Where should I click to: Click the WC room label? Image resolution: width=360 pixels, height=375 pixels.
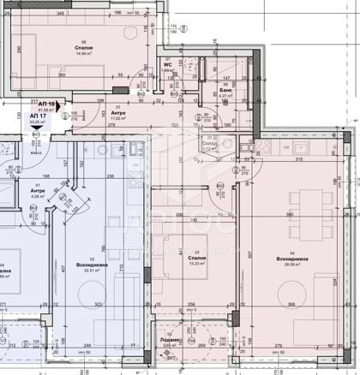pyautogui.click(x=169, y=64)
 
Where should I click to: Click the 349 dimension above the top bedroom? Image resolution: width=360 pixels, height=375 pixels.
pyautogui.click(x=59, y=15)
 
